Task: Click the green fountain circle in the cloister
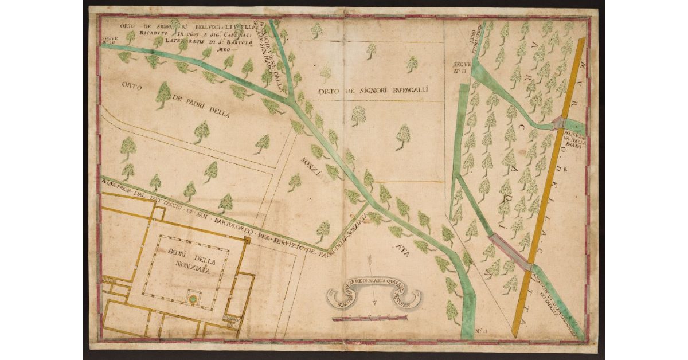(x=194, y=299)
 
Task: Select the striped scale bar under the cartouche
(x=362, y=318)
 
